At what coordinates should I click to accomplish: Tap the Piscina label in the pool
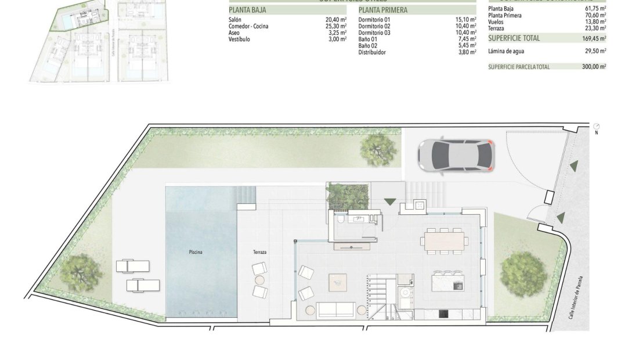point(196,252)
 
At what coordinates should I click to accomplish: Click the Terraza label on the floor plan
point(260,252)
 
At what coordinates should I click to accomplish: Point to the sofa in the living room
point(335,310)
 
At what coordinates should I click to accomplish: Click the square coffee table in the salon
point(337,283)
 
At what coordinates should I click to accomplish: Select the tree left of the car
point(378,149)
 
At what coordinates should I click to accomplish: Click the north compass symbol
point(597,127)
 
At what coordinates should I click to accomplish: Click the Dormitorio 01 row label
point(374,20)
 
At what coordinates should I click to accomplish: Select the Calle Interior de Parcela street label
point(580,297)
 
